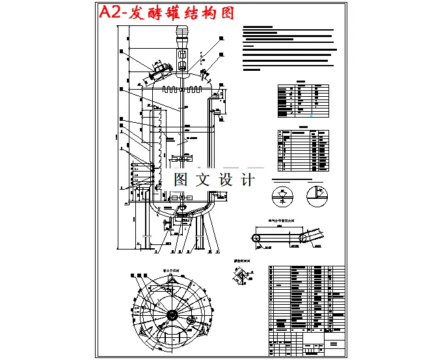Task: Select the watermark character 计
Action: (x=248, y=179)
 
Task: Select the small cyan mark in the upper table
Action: (x=310, y=115)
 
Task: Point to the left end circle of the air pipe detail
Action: (x=258, y=239)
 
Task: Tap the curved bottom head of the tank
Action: (x=180, y=207)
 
